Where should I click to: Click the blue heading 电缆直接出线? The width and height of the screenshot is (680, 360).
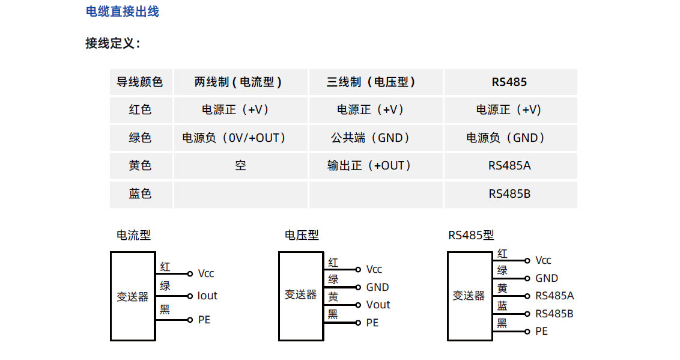pos(123,11)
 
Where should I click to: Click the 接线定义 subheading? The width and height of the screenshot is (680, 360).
pos(113,43)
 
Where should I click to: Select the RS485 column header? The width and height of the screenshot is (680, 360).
pos(509,82)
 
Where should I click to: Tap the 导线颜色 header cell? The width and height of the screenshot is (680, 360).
pos(139,82)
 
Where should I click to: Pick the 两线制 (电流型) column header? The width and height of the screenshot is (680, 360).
pos(238,82)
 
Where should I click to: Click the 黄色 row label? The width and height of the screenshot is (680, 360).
pos(140,166)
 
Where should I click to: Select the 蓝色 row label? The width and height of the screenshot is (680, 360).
pos(140,194)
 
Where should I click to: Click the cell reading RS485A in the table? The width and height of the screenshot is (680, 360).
pos(509,166)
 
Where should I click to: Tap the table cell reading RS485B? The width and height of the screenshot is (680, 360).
pos(509,194)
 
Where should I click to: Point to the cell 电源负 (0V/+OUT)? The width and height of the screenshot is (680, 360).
pos(234,138)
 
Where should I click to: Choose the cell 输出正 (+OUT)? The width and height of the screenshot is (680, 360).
pos(369,166)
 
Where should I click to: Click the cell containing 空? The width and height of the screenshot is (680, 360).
pos(240,166)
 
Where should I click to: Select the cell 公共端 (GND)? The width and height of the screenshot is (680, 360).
pos(371,138)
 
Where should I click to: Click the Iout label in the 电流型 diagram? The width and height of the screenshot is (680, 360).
pos(207,296)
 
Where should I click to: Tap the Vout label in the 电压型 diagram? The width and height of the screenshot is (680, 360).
pos(378,305)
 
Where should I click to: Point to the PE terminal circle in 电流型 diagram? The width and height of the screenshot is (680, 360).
pos(190,320)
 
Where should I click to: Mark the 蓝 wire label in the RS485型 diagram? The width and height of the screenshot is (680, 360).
pos(502,306)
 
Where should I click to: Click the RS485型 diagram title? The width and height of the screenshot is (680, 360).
pos(471,236)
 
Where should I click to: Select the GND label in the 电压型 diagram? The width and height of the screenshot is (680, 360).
pos(378,287)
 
